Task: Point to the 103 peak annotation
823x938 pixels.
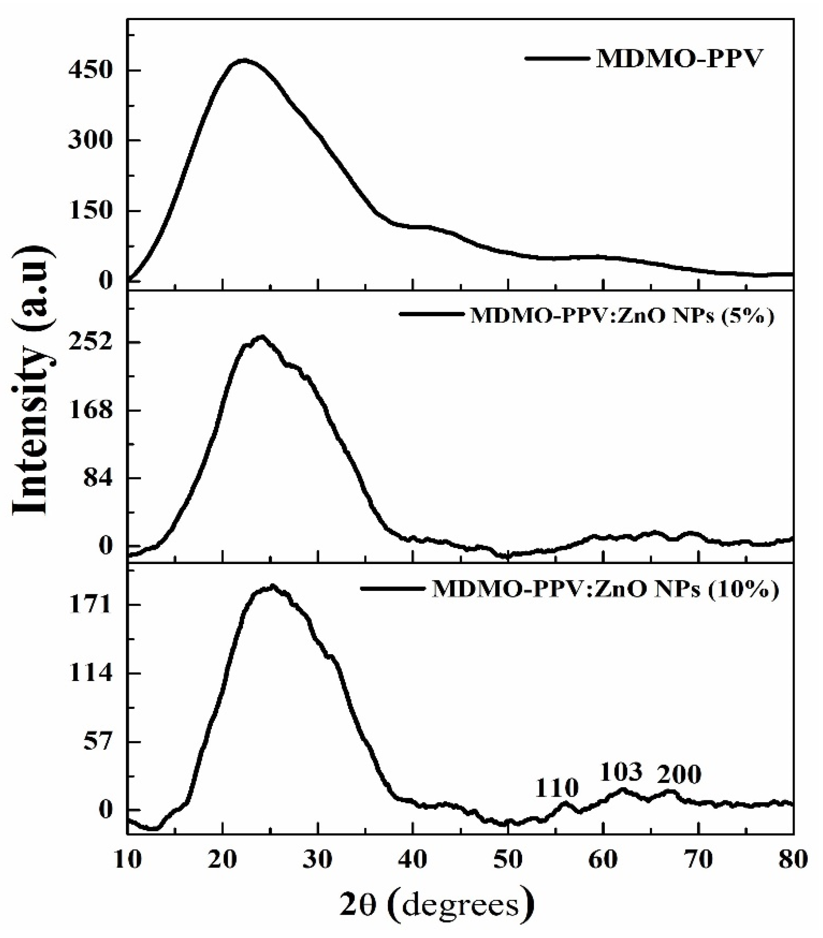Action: click(x=621, y=772)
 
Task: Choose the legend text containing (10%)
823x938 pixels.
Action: click(x=605, y=590)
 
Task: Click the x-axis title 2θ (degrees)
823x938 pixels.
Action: click(x=437, y=904)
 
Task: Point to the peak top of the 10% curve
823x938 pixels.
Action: click(x=272, y=586)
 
